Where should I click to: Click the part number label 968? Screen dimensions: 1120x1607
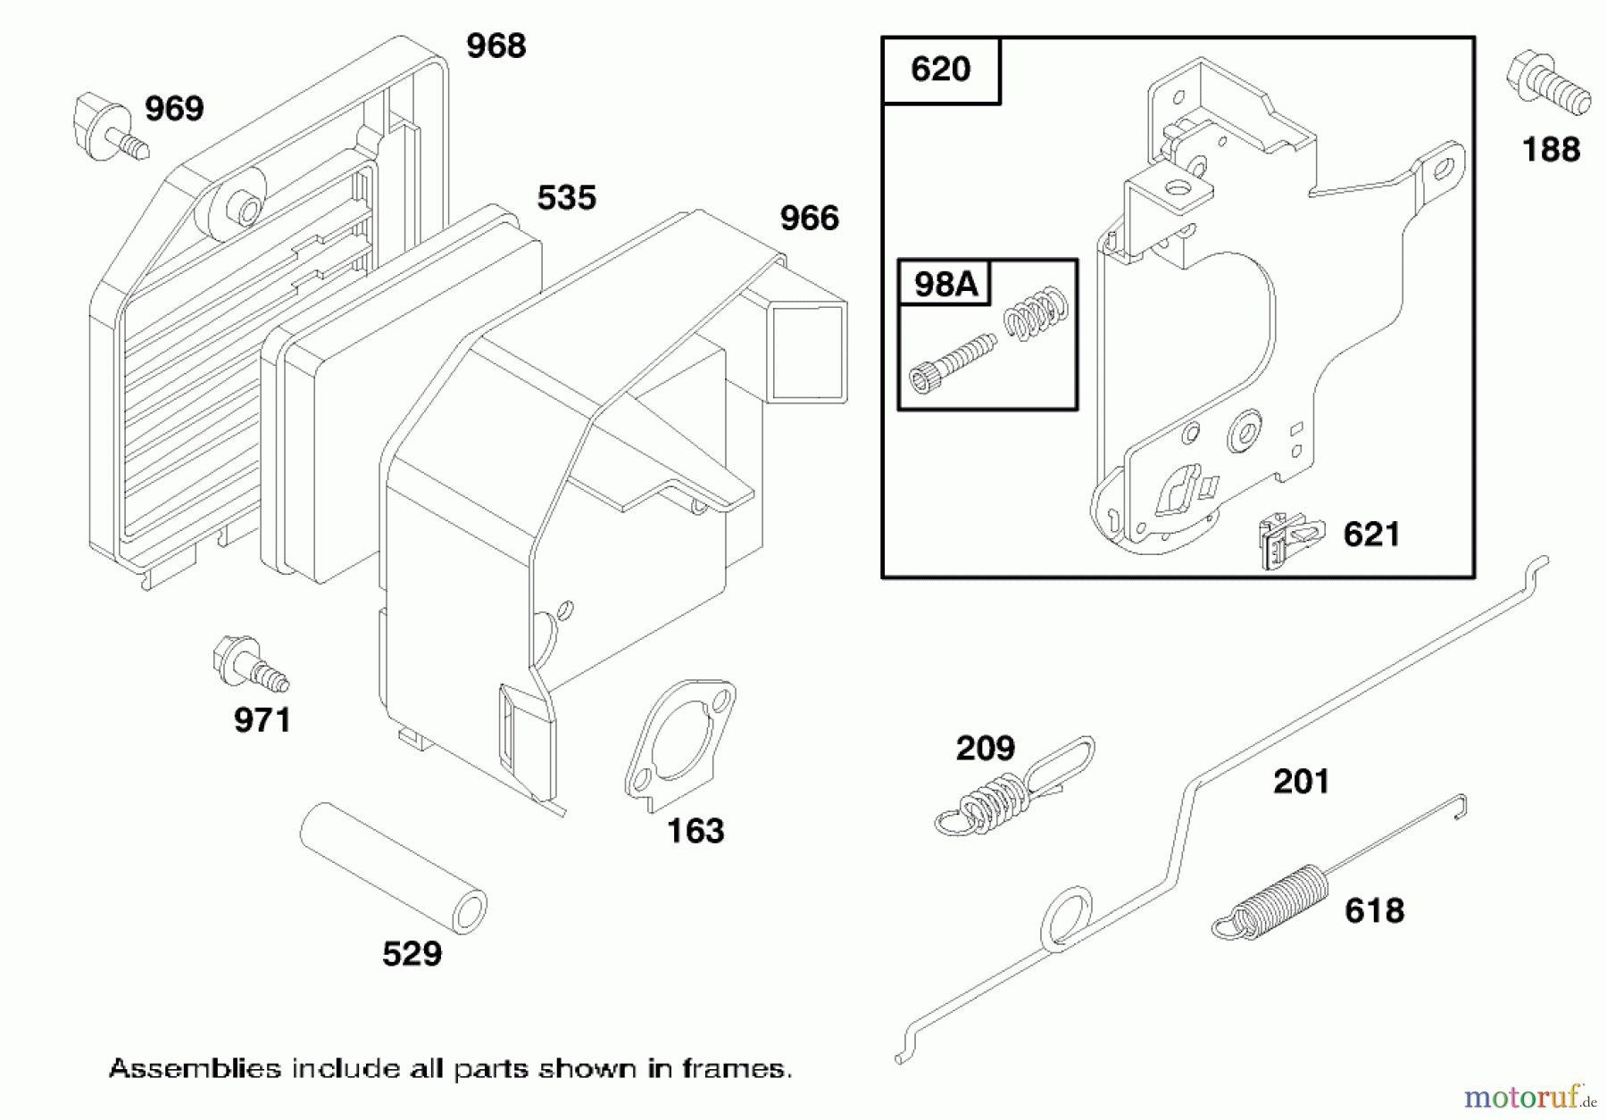click(x=496, y=46)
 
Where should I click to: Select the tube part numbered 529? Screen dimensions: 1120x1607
click(x=393, y=868)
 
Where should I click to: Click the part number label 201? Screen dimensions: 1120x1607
click(x=1301, y=782)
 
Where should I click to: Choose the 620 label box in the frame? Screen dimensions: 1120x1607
click(x=940, y=70)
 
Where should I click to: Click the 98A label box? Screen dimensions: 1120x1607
click(x=945, y=284)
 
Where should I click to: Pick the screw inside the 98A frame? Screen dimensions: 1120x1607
click(x=951, y=362)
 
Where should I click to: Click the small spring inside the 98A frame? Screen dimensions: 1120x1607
click(x=1037, y=312)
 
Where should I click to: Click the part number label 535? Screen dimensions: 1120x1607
click(x=566, y=198)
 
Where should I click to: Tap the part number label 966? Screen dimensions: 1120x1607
click(x=809, y=219)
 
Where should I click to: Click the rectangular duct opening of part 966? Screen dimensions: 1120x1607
click(x=808, y=351)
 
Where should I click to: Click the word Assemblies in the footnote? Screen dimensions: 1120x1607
click(x=194, y=1068)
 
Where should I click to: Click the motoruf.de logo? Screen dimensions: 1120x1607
click(x=1528, y=1094)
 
